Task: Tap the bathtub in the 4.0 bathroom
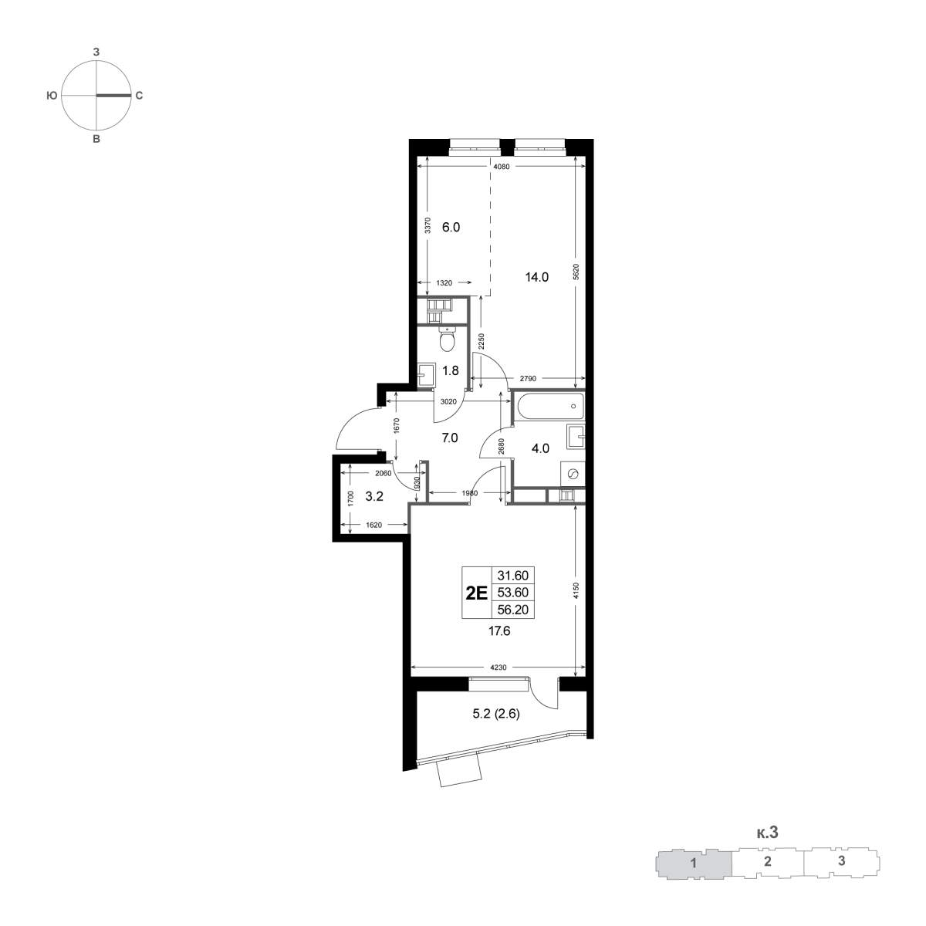click(x=549, y=407)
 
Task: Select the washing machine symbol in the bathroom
click(x=573, y=474)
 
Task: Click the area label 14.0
click(x=537, y=277)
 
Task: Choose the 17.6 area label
click(x=499, y=631)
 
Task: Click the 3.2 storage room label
click(x=374, y=496)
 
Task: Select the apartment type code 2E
click(x=477, y=593)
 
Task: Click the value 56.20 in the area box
click(x=512, y=610)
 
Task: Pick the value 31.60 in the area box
click(x=512, y=575)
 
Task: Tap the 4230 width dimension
click(x=498, y=667)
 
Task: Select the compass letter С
click(x=139, y=96)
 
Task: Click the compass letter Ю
click(x=52, y=96)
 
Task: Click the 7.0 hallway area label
click(x=450, y=438)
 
